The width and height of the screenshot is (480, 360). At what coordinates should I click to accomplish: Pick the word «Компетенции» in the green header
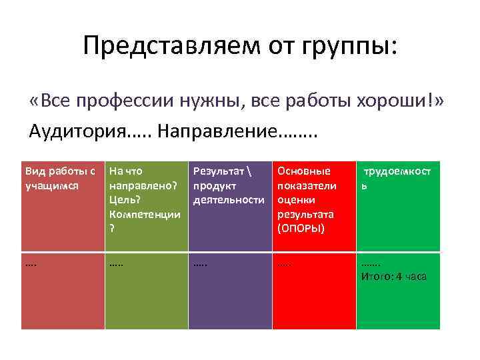pos(145,215)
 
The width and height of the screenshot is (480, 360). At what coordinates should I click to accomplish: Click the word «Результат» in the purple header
pos(217,171)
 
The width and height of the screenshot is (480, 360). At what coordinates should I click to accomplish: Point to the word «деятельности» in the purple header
pos(228,200)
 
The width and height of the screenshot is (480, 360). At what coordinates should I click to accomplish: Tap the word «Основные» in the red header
pos(303,171)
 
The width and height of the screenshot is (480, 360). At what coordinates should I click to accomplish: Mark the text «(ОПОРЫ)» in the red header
pos(301,229)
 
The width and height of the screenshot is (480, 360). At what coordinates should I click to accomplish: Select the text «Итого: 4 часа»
pos(393,277)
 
